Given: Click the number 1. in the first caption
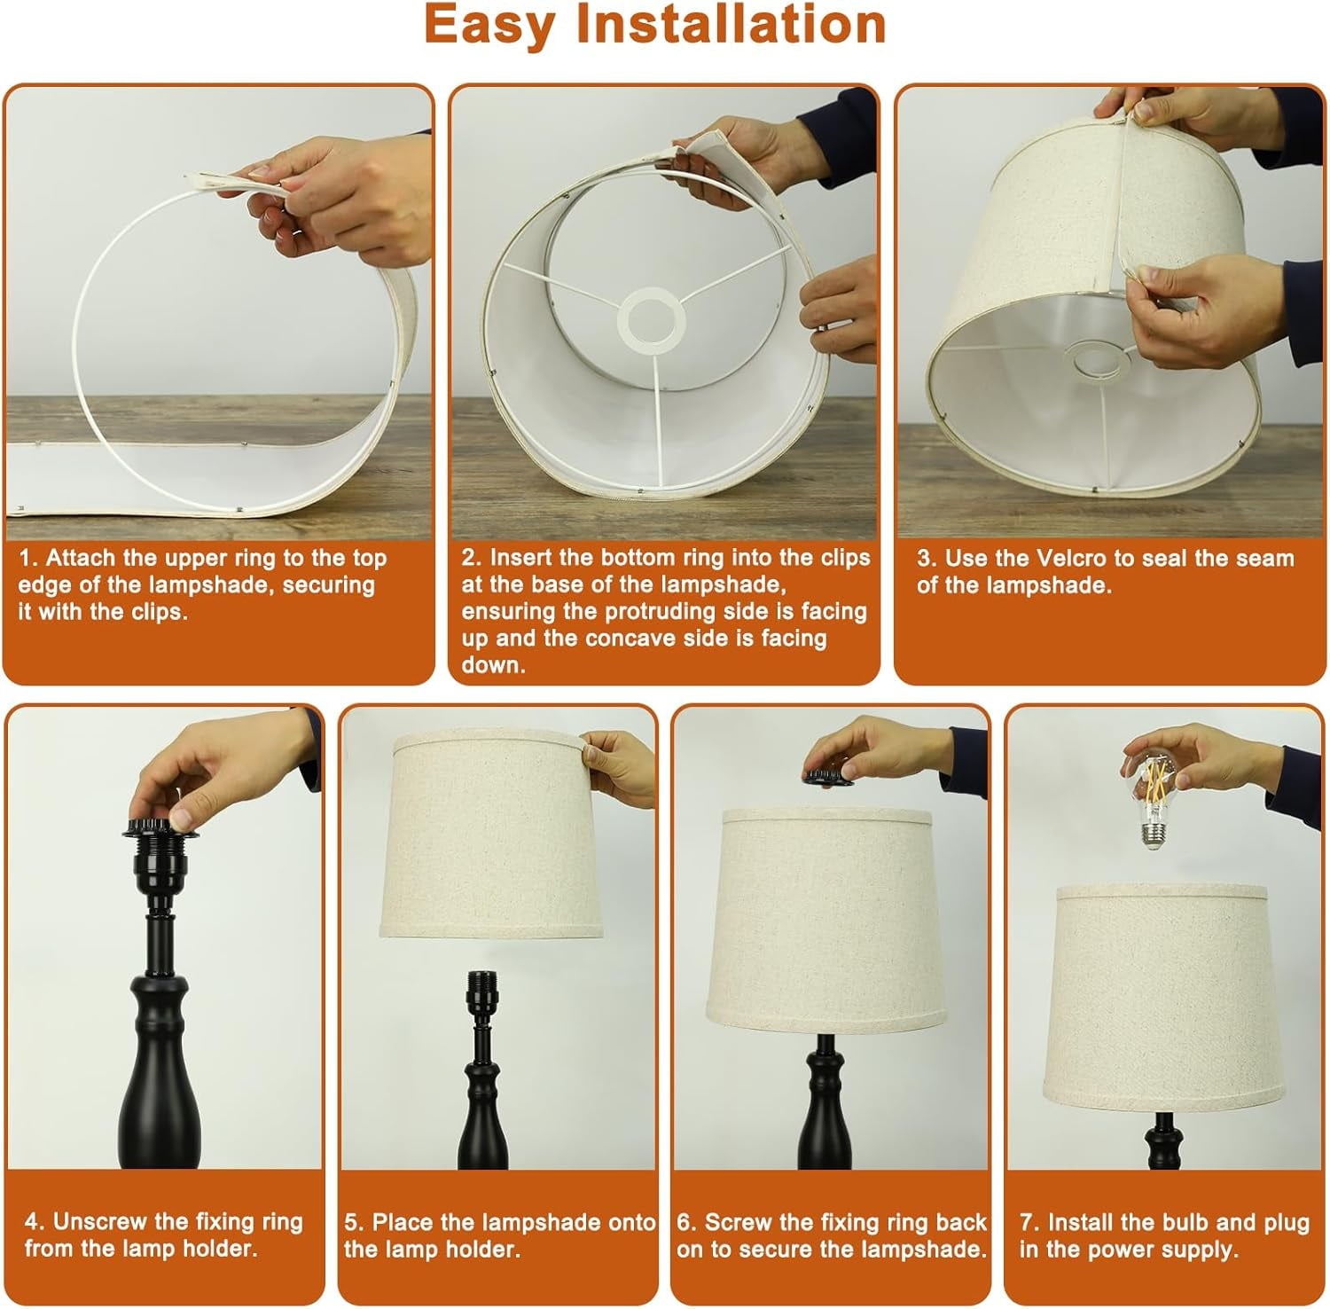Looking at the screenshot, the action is [29, 558].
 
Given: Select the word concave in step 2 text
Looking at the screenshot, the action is [598, 639].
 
